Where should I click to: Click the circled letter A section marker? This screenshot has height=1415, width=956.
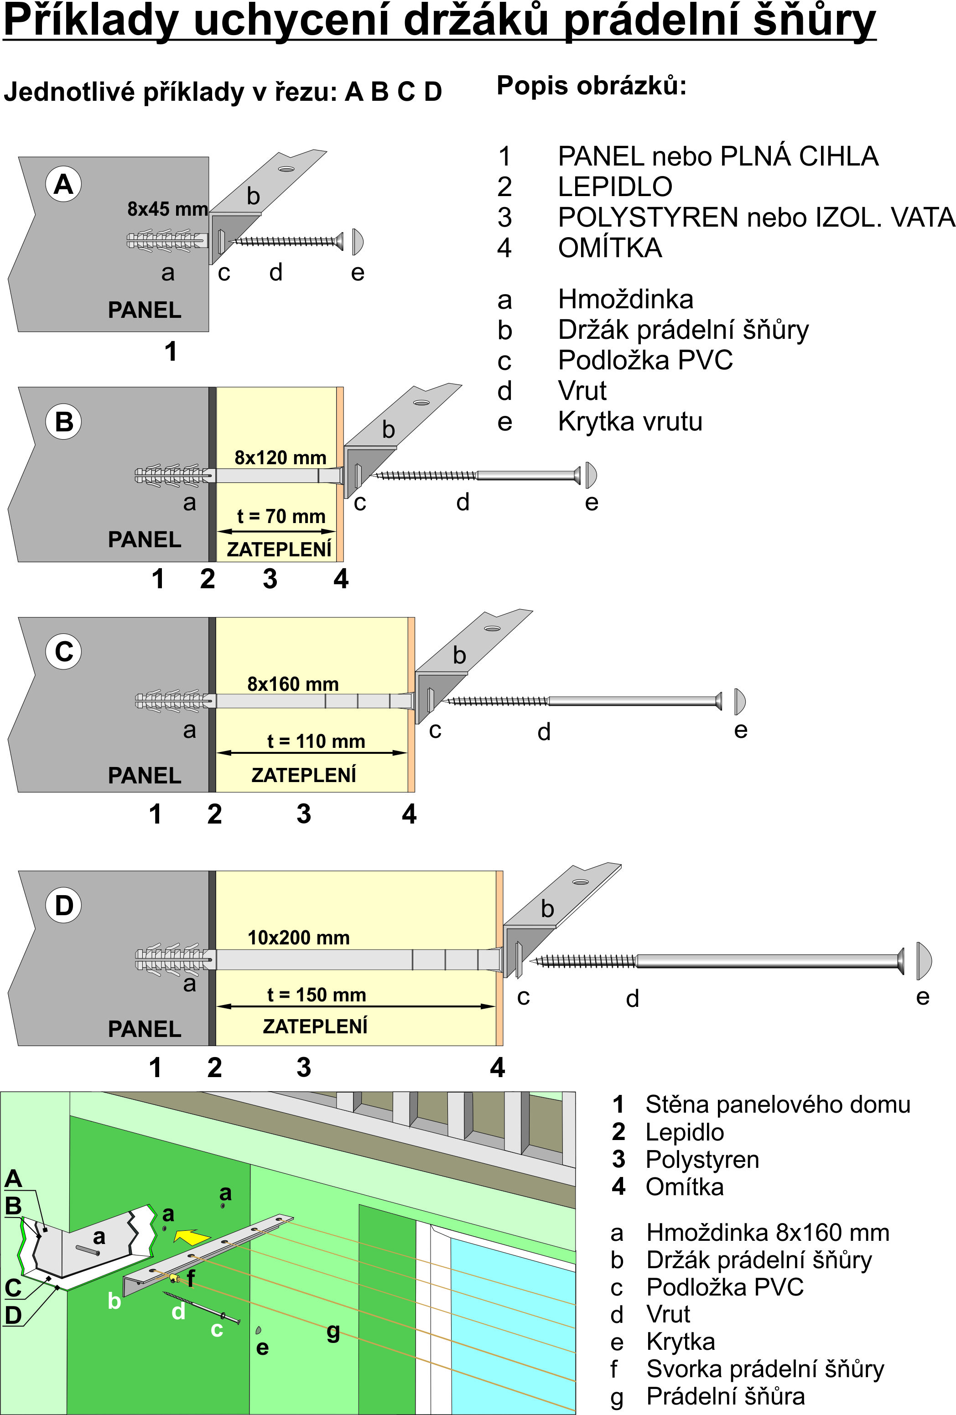pos(64,184)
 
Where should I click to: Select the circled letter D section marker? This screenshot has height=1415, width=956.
pos(64,905)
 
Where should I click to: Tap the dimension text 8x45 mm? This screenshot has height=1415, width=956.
pos(167,209)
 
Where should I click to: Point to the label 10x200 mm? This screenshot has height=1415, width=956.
pos(298,937)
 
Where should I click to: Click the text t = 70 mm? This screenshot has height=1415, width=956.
pos(281,516)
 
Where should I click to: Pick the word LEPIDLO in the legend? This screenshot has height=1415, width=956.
pos(615,187)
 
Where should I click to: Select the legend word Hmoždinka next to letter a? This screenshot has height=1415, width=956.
pos(625,300)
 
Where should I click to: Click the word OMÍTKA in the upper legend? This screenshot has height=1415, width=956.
pos(610,248)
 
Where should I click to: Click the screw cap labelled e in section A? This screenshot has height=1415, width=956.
pos(358,242)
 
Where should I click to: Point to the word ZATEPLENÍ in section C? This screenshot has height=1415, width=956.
pos(304,775)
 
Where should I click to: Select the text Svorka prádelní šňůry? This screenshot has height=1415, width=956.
pos(765,1369)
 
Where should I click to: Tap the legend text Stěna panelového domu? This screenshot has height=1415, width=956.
pos(778,1104)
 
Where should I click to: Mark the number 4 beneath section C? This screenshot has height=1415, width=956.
pos(409,814)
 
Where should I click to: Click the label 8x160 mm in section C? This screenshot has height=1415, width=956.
pos(293,684)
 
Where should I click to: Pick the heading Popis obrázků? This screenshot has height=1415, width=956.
pos(591,86)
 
